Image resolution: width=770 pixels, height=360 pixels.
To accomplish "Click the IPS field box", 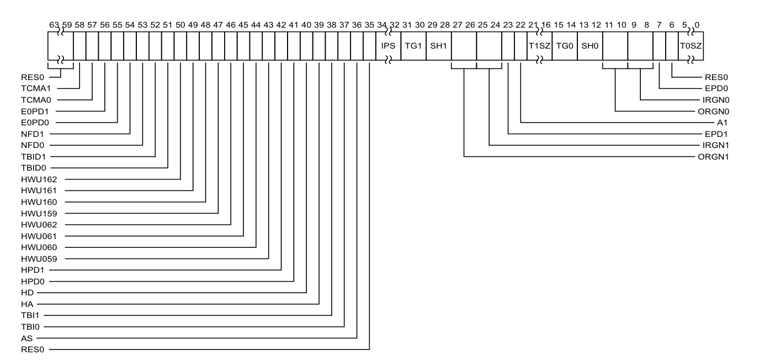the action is [388, 45].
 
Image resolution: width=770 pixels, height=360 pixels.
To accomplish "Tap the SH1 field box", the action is [438, 45].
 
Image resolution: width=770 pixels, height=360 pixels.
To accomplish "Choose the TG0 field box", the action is [564, 45].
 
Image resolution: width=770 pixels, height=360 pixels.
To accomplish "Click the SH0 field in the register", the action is [589, 45].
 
